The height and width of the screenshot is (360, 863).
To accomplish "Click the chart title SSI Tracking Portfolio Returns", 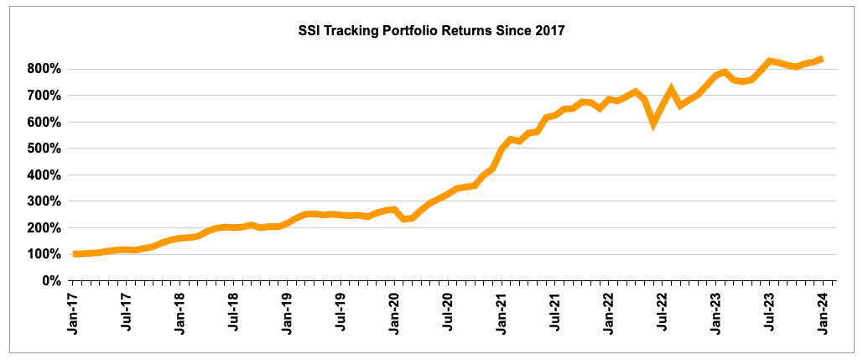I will [x=432, y=32].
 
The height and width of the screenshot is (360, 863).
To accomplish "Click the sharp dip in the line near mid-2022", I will [x=653, y=123].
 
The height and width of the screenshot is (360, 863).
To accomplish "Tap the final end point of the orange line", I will [x=822, y=59].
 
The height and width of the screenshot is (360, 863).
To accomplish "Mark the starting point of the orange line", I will [x=75, y=253].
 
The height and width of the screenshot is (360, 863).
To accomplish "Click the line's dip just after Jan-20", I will [x=404, y=219].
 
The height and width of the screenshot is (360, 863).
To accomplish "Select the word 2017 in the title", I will [x=547, y=32].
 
